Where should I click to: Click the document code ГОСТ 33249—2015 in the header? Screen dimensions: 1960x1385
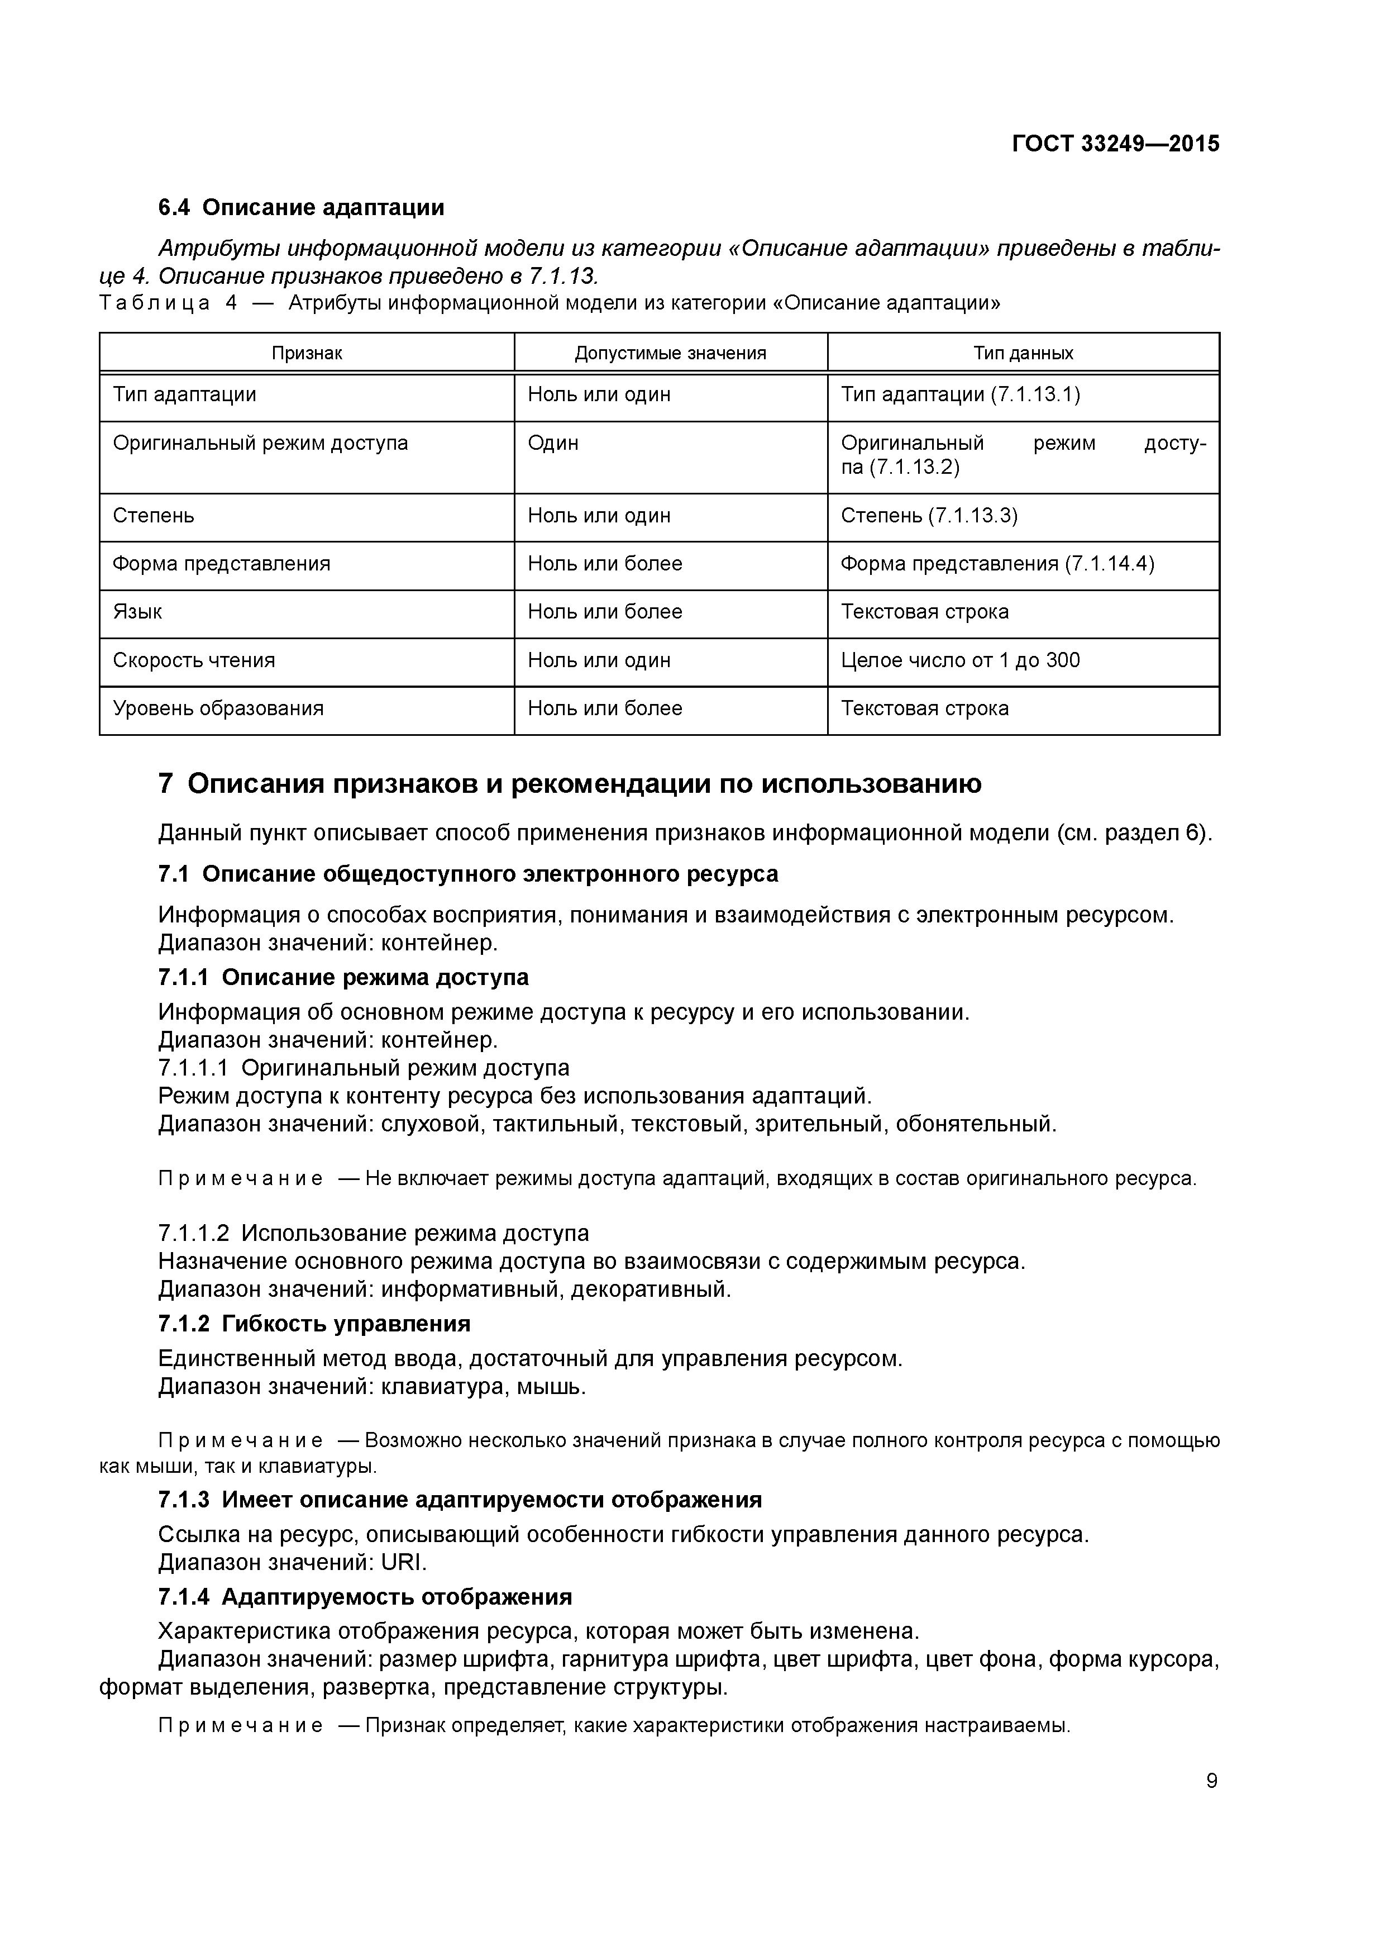pos(1115,144)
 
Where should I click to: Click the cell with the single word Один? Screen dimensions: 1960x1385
pos(553,443)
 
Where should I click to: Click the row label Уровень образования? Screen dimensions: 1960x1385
pos(218,708)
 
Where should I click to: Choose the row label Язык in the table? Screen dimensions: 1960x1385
pos(137,612)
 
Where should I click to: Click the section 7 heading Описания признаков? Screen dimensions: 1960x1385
pos(570,784)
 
